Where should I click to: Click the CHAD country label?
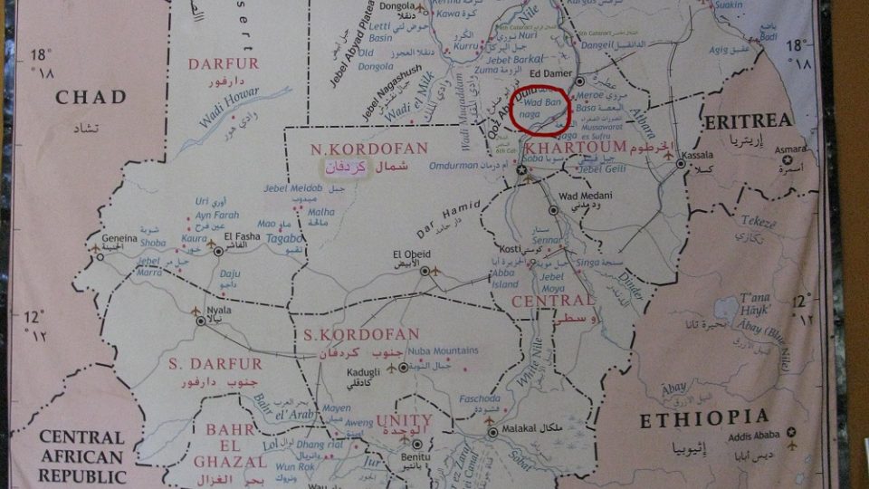coord(91,97)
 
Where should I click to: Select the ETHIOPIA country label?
coord(705,420)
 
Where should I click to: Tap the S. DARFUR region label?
coord(215,364)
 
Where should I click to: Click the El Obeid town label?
coord(409,254)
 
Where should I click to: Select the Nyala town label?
coord(220,309)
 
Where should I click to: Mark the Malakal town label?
coord(520,427)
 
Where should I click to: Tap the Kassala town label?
coord(699,155)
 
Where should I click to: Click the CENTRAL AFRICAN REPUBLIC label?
coord(82,456)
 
